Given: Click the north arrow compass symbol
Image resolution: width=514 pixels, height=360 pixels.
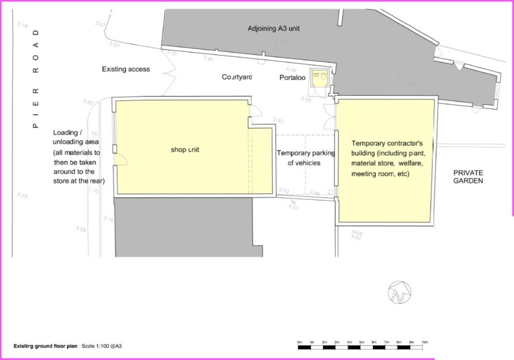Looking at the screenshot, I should click(x=400, y=292).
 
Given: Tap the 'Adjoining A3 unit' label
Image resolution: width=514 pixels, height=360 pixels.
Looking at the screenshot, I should click(x=274, y=28).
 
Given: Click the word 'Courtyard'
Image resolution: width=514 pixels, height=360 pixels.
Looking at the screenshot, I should click(x=237, y=77).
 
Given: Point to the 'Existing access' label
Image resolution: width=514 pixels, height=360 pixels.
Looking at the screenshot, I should click(x=125, y=69).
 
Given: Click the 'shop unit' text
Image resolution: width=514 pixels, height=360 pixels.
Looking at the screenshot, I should click(x=185, y=150).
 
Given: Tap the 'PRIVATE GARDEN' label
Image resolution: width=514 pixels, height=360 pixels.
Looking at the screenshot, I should click(x=468, y=176).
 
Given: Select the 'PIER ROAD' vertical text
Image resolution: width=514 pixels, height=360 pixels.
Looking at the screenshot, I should click(x=36, y=79).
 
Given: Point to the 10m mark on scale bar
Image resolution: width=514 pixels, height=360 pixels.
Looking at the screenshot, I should click(x=425, y=342).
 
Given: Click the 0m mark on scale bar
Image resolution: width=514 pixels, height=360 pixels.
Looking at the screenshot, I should click(x=300, y=342).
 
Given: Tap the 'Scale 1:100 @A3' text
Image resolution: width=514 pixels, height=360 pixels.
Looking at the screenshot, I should click(x=102, y=346).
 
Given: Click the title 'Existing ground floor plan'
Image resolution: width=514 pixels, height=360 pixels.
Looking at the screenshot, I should click(x=45, y=346).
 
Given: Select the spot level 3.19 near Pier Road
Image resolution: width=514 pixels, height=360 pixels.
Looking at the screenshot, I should click(x=22, y=24).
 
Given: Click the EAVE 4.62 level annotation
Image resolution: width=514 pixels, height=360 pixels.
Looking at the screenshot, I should click(x=357, y=234).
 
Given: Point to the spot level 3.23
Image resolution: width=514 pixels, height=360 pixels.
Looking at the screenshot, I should click(x=22, y=196).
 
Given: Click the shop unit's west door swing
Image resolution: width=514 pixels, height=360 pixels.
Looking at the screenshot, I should click(x=121, y=160).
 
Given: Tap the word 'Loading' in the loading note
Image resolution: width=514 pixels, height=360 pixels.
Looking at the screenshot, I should click(x=66, y=133).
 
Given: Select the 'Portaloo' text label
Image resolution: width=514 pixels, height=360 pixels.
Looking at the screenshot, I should click(x=293, y=78).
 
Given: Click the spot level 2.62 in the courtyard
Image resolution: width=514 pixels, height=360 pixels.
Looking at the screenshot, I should click(x=279, y=121).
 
